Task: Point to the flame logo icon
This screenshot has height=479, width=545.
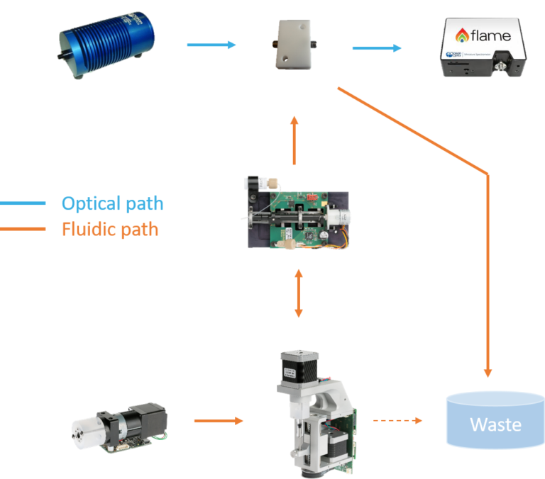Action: coord(461,35)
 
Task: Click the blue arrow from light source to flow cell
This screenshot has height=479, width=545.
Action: coord(211,45)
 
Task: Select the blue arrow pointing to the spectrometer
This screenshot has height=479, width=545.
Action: coord(377,48)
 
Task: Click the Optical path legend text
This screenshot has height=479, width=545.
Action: coord(112,204)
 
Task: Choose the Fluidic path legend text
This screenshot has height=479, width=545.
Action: coord(110,230)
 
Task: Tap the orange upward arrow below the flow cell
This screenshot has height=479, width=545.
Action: coord(294,141)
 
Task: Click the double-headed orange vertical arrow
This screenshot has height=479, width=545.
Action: coord(299,293)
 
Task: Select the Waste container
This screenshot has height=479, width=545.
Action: coord(495,422)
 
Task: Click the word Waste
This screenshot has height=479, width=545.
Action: coord(495,425)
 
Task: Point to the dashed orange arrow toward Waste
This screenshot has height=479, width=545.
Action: coord(397,421)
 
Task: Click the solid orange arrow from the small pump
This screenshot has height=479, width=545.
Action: coord(219,421)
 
